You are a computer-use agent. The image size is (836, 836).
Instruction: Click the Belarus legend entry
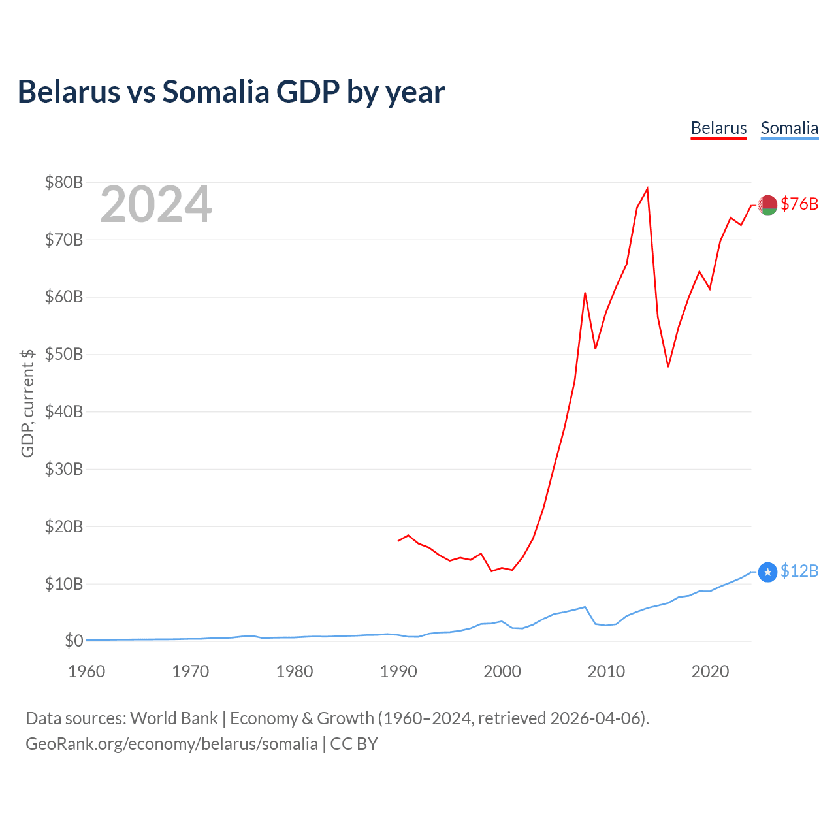[x=718, y=129]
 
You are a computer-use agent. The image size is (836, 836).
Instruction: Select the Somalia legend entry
[x=790, y=129]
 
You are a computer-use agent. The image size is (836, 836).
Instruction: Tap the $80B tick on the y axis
[x=64, y=182]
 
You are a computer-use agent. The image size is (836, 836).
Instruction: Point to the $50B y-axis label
[x=64, y=355]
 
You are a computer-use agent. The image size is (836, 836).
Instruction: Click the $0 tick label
[x=74, y=641]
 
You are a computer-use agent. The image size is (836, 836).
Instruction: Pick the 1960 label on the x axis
[x=86, y=671]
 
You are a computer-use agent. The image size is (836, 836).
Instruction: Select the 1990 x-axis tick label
[x=398, y=671]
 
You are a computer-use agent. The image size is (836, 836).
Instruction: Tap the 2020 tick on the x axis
[x=710, y=671]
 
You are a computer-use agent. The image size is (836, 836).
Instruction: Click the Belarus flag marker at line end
[x=767, y=205]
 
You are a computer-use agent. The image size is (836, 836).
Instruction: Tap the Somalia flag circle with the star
[x=767, y=573]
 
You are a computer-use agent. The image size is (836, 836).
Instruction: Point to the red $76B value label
[x=799, y=204]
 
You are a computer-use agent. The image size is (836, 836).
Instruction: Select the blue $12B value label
[x=799, y=571]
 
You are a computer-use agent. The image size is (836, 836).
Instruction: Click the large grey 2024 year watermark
[x=156, y=204]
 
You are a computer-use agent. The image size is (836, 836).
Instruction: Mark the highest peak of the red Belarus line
[x=647, y=189]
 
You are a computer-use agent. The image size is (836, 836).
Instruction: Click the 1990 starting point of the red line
[x=398, y=541]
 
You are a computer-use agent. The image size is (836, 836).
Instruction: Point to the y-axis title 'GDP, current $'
[x=27, y=404]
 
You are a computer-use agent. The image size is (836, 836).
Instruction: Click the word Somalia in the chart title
[x=216, y=91]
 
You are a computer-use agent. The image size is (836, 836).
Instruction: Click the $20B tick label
[x=64, y=526]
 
